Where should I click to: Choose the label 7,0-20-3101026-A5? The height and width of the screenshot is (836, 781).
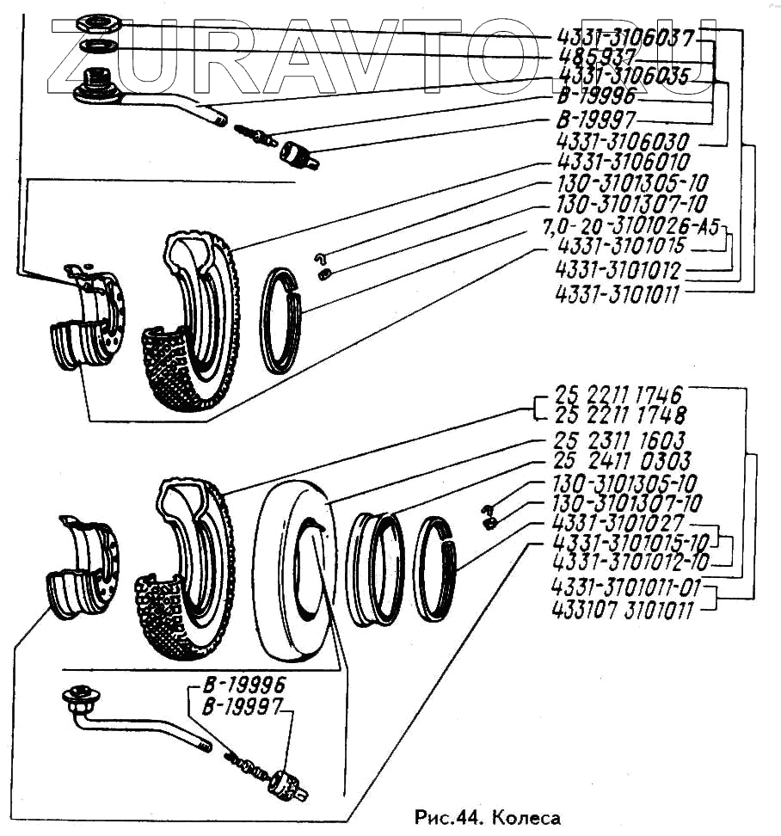click(629, 228)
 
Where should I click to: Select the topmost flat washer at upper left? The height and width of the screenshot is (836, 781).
click(95, 22)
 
